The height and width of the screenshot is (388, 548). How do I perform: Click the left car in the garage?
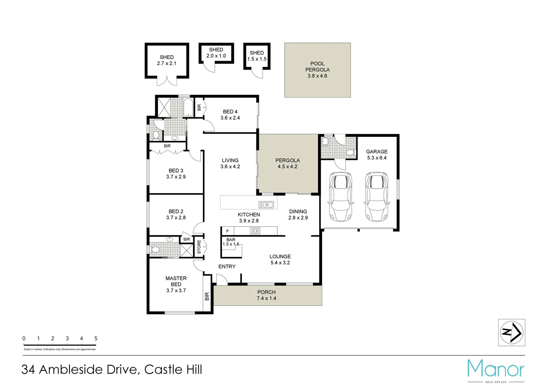click(341, 197)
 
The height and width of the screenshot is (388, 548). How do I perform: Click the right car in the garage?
click(376, 197)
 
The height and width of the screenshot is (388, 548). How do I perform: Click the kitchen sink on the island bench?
click(266, 205)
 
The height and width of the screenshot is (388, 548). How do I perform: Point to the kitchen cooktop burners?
click(255, 231)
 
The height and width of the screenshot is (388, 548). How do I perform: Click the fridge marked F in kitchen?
click(227, 231)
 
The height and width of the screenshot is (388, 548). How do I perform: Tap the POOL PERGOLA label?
click(317, 70)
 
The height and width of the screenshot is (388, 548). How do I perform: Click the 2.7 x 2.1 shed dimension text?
click(167, 64)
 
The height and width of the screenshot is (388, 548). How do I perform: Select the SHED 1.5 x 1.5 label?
click(257, 56)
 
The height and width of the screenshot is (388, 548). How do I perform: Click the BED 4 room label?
click(230, 115)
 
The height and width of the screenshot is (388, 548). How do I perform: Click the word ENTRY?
click(227, 267)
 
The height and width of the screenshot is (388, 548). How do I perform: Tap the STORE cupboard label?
click(199, 247)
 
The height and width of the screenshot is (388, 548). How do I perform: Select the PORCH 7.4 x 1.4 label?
click(266, 295)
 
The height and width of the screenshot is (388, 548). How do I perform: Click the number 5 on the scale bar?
click(96, 338)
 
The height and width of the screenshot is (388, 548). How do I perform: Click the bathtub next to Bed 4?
click(188, 107)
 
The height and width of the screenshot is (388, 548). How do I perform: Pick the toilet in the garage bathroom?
click(350, 152)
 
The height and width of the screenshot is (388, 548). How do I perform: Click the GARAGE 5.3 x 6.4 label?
click(377, 154)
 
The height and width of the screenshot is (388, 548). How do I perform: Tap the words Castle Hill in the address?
click(173, 370)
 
